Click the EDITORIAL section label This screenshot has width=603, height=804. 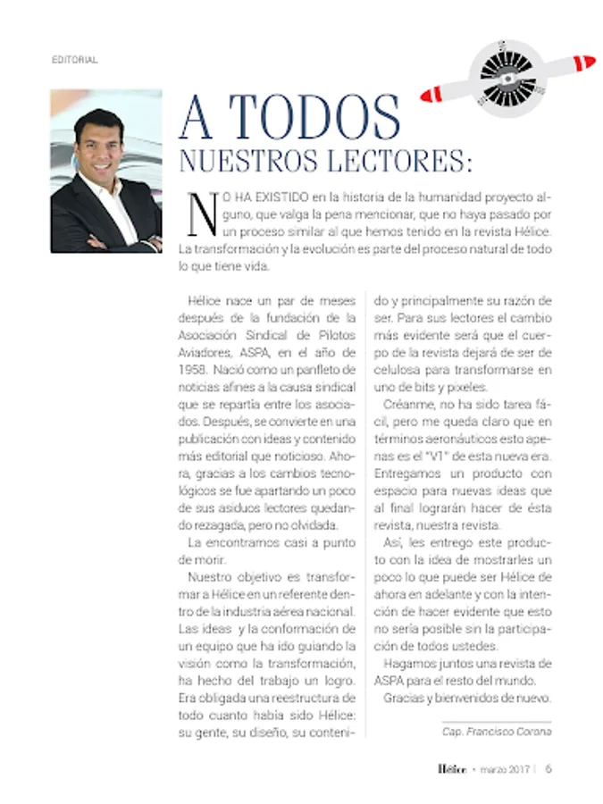(x=74, y=60)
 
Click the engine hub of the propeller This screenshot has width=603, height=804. (x=507, y=75)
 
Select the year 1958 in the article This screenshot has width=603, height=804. (x=195, y=369)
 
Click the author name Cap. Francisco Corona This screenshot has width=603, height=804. (x=497, y=732)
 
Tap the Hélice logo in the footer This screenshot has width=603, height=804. (x=452, y=768)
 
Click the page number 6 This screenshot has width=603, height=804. (x=549, y=768)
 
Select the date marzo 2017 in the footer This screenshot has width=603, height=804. (x=500, y=769)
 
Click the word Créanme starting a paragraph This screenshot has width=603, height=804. (x=407, y=404)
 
